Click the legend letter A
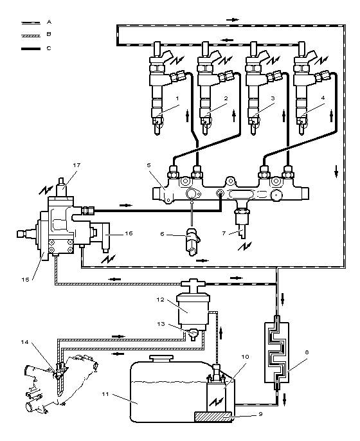(49, 22)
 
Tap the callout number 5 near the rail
(148, 165)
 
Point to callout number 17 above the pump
(76, 165)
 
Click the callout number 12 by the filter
(160, 300)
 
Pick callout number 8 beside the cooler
(307, 352)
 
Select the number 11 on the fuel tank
(105, 394)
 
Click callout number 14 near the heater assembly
(24, 342)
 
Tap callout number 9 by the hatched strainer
(260, 414)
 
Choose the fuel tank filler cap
(161, 359)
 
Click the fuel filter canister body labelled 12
(193, 312)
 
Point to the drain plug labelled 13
(194, 335)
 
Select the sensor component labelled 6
(192, 242)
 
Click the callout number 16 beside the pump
(129, 233)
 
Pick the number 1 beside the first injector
(177, 98)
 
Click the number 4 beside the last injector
(323, 98)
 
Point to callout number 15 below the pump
(25, 280)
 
